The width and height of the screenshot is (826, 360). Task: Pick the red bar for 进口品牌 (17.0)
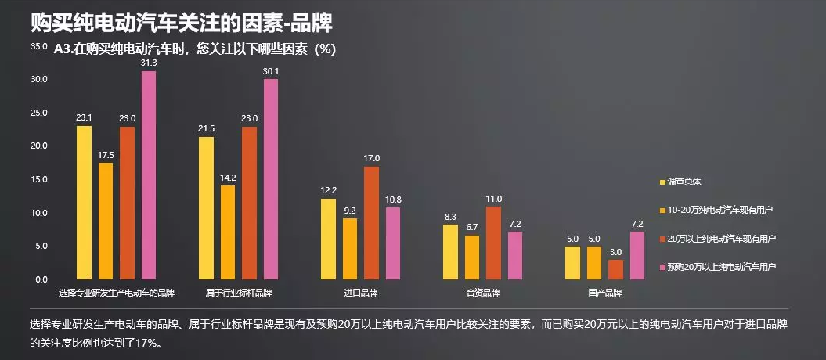pyautogui.click(x=371, y=222)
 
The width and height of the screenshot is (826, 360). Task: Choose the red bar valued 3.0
pyautogui.click(x=615, y=268)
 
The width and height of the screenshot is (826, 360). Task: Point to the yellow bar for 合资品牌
pyautogui.click(x=450, y=251)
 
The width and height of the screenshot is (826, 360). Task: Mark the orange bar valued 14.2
pyautogui.click(x=228, y=232)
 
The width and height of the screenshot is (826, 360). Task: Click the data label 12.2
pyautogui.click(x=329, y=190)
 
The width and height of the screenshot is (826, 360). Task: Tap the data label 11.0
pyautogui.click(x=494, y=199)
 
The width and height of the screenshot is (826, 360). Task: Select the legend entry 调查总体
pyautogui.click(x=684, y=182)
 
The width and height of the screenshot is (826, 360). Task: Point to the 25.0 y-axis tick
pyautogui.click(x=38, y=113)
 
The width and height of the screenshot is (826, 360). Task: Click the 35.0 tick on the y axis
pyautogui.click(x=38, y=46)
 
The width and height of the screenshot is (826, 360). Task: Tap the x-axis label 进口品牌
pyautogui.click(x=360, y=293)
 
